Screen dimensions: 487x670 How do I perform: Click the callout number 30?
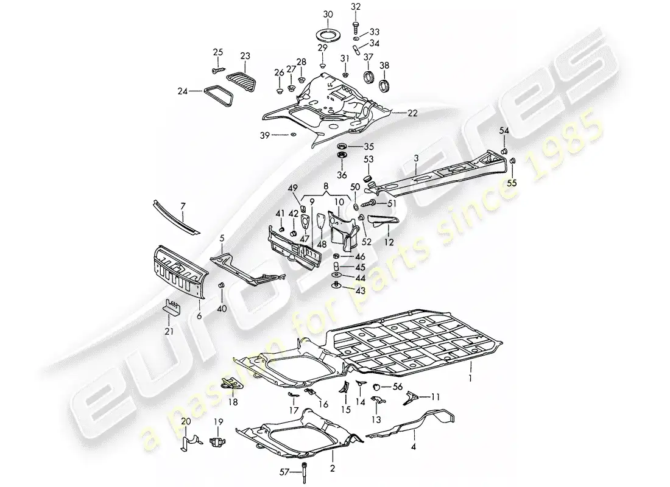tap(327, 14)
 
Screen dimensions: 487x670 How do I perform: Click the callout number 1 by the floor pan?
tap(470, 368)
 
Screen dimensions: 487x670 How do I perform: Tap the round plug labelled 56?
tap(378, 387)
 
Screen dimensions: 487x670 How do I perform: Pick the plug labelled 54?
tap(505, 150)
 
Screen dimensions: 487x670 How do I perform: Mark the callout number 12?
tap(388, 242)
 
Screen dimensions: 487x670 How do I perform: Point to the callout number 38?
tap(385, 66)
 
